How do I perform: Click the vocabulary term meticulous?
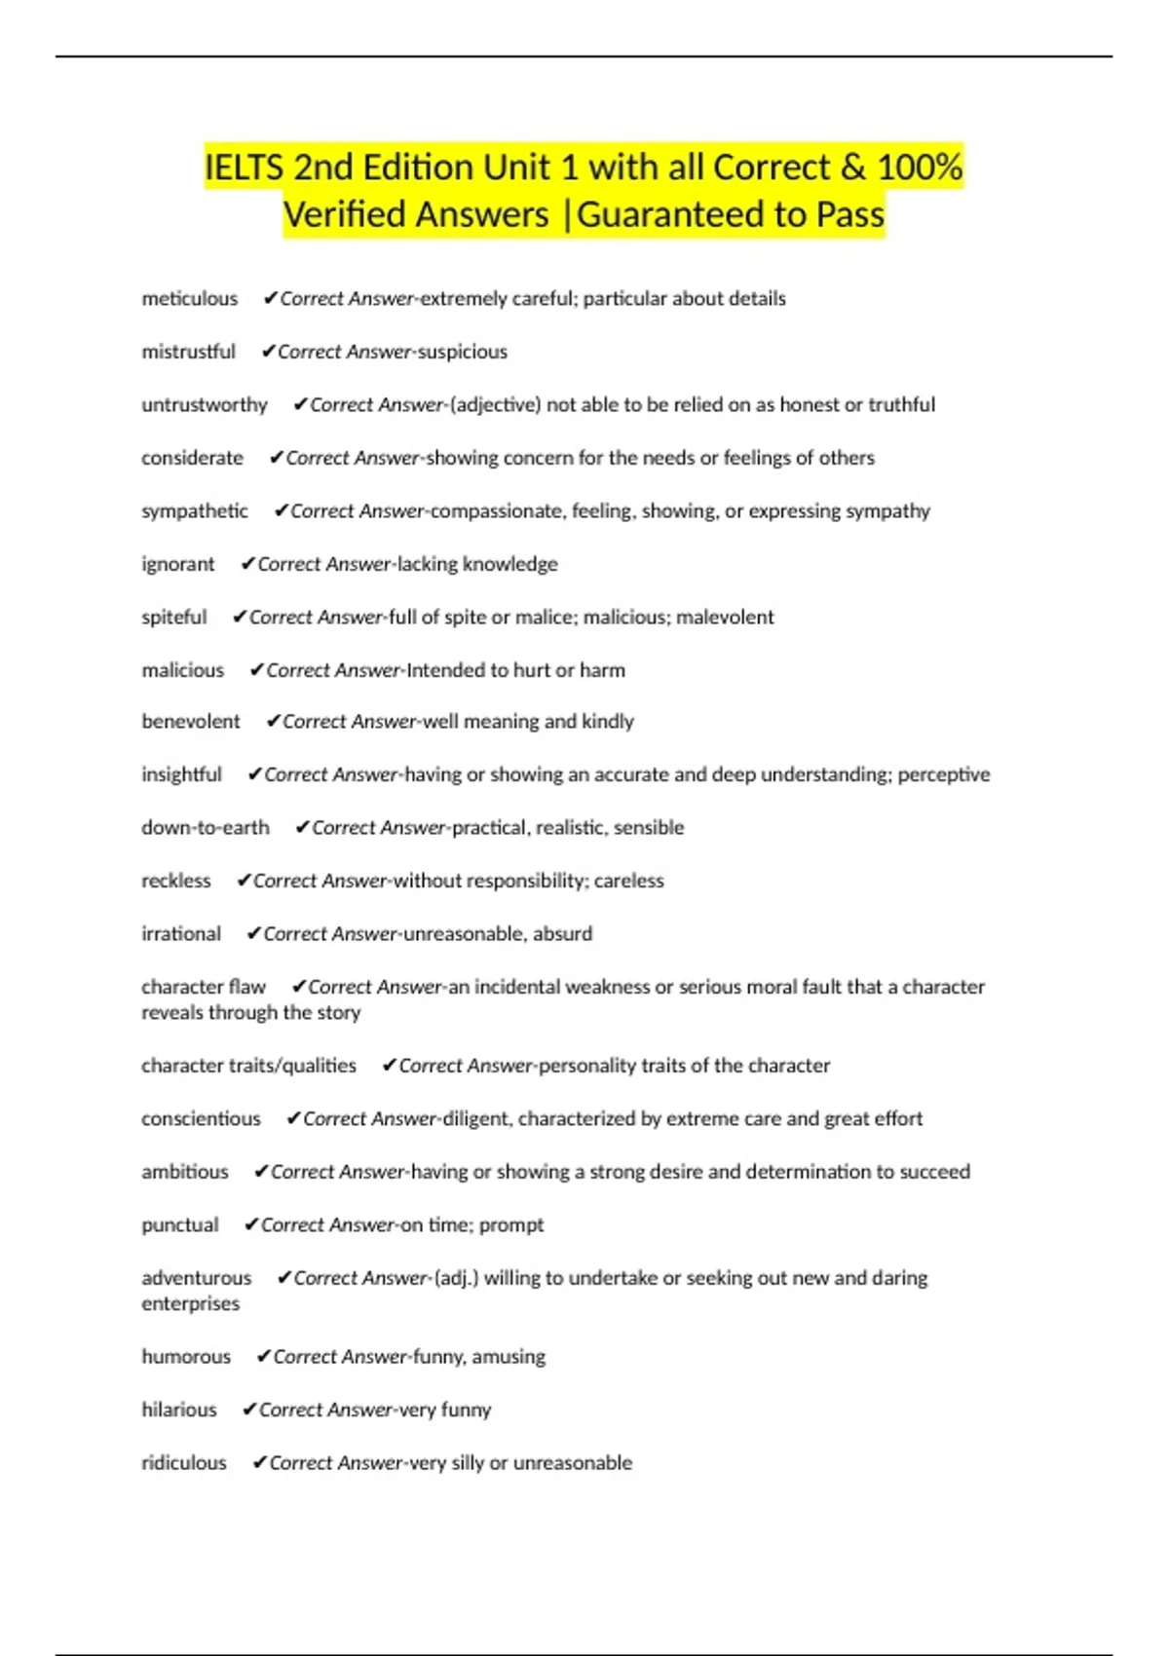coord(190,299)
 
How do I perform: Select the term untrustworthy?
coord(205,405)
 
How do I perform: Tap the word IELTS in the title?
coord(244,168)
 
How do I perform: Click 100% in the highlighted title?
coord(920,168)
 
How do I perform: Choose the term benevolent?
coord(191,722)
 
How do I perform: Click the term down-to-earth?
coord(206,828)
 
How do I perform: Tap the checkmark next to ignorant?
coord(247,564)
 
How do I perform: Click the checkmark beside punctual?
coord(251,1224)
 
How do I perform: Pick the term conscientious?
coord(201,1119)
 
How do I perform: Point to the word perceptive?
coord(943,775)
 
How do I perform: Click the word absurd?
coord(562,934)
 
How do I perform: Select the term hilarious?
coord(179,1410)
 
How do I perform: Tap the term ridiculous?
coord(184,1463)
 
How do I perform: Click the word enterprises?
coord(190,1304)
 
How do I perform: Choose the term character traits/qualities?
coord(248,1066)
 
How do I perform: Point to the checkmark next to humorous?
coord(263,1357)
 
